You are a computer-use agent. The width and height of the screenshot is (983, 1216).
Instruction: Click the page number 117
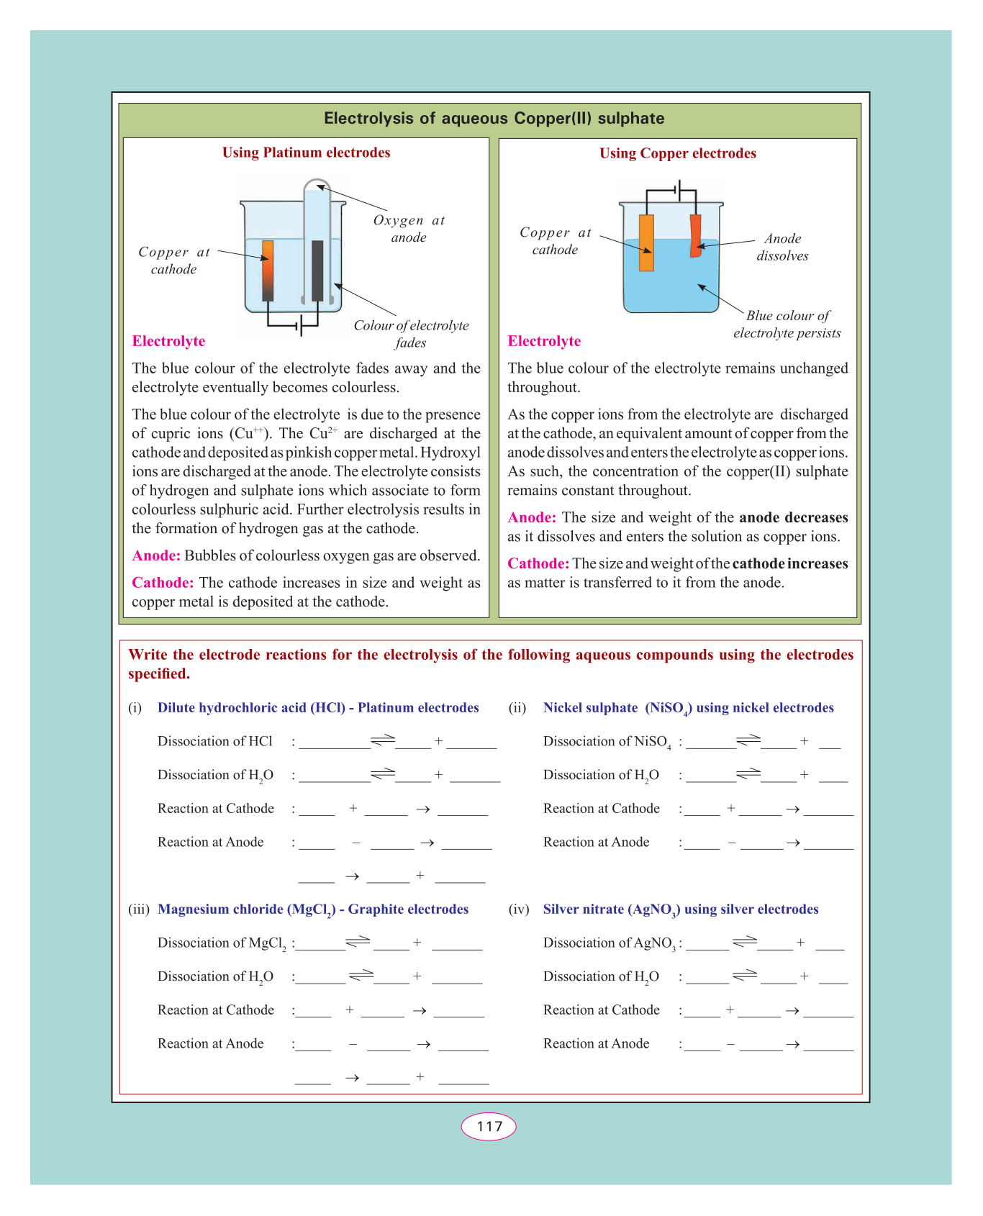click(x=489, y=1126)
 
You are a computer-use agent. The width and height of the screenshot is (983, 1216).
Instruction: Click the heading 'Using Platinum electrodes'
click(x=306, y=153)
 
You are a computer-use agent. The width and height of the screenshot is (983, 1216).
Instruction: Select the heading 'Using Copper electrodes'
click(x=677, y=153)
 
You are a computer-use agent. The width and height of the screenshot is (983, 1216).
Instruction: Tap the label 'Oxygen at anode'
click(x=409, y=229)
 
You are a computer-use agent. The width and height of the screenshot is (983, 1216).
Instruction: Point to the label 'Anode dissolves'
click(x=782, y=247)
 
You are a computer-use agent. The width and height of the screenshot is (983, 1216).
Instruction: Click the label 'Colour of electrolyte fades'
click(x=411, y=334)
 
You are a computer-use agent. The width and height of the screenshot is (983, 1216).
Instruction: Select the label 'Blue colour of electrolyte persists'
click(x=787, y=324)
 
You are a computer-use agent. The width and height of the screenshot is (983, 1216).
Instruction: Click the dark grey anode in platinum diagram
click(x=317, y=271)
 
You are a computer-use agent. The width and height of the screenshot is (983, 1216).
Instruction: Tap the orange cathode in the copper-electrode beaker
click(x=646, y=242)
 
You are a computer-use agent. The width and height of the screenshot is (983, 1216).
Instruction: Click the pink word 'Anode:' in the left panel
click(x=156, y=555)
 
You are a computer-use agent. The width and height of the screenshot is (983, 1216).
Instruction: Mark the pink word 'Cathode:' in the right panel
click(x=538, y=563)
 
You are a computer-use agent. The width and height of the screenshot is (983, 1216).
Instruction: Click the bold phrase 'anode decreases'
click(x=793, y=517)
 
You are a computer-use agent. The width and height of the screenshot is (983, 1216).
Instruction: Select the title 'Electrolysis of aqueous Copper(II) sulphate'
click(x=494, y=118)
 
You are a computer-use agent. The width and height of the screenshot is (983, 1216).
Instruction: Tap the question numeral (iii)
click(x=139, y=909)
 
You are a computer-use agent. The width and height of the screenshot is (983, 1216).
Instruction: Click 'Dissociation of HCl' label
click(x=215, y=741)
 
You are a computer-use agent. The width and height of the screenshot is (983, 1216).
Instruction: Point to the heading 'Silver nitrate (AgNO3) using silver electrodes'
click(x=680, y=909)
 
